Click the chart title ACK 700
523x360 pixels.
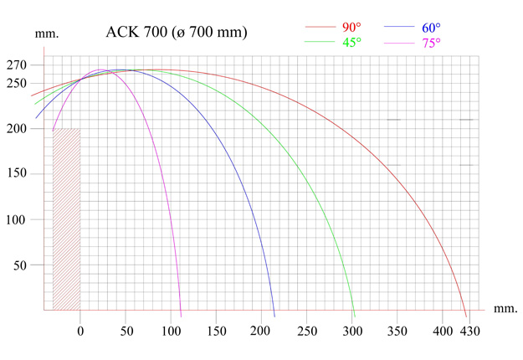click(x=177, y=33)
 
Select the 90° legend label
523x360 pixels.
click(x=348, y=27)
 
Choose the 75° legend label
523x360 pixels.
click(x=431, y=43)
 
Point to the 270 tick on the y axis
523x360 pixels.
click(x=17, y=65)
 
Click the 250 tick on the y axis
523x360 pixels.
click(x=17, y=82)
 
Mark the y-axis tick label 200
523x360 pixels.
click(x=17, y=128)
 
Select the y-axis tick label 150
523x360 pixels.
click(x=17, y=174)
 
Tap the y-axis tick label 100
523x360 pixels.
click(x=17, y=219)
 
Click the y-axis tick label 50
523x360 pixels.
click(x=20, y=265)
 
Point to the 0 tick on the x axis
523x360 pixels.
click(x=80, y=331)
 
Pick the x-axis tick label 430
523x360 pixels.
click(x=471, y=331)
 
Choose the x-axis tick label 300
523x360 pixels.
click(x=353, y=331)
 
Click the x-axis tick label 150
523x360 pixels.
click(x=217, y=331)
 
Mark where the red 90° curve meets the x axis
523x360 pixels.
click(x=466, y=316)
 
